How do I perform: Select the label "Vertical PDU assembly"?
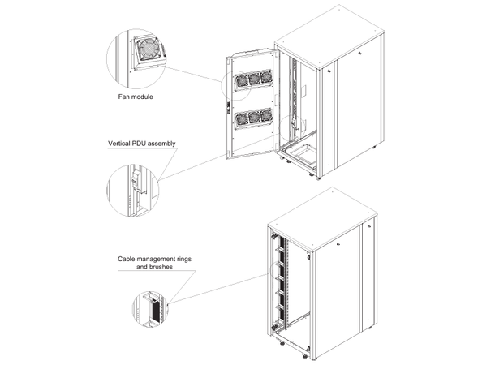(x=142, y=144)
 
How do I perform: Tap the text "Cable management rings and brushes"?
(x=153, y=262)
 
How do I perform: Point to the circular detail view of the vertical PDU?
(x=133, y=191)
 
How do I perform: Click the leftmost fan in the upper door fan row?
(x=242, y=81)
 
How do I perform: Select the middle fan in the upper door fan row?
(x=253, y=80)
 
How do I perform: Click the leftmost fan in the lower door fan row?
(x=242, y=121)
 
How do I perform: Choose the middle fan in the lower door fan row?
(x=253, y=119)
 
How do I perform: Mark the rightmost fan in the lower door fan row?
(x=265, y=118)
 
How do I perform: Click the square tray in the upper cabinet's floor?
(x=305, y=150)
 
